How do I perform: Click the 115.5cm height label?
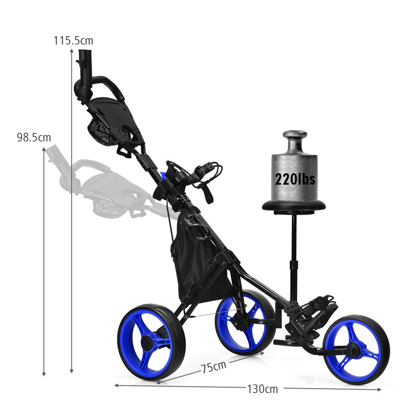click(x=74, y=41)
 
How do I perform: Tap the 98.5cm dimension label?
click(x=34, y=137)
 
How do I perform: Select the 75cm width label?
click(x=213, y=366)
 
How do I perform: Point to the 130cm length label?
click(x=263, y=390)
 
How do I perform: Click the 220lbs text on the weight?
click(x=295, y=179)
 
